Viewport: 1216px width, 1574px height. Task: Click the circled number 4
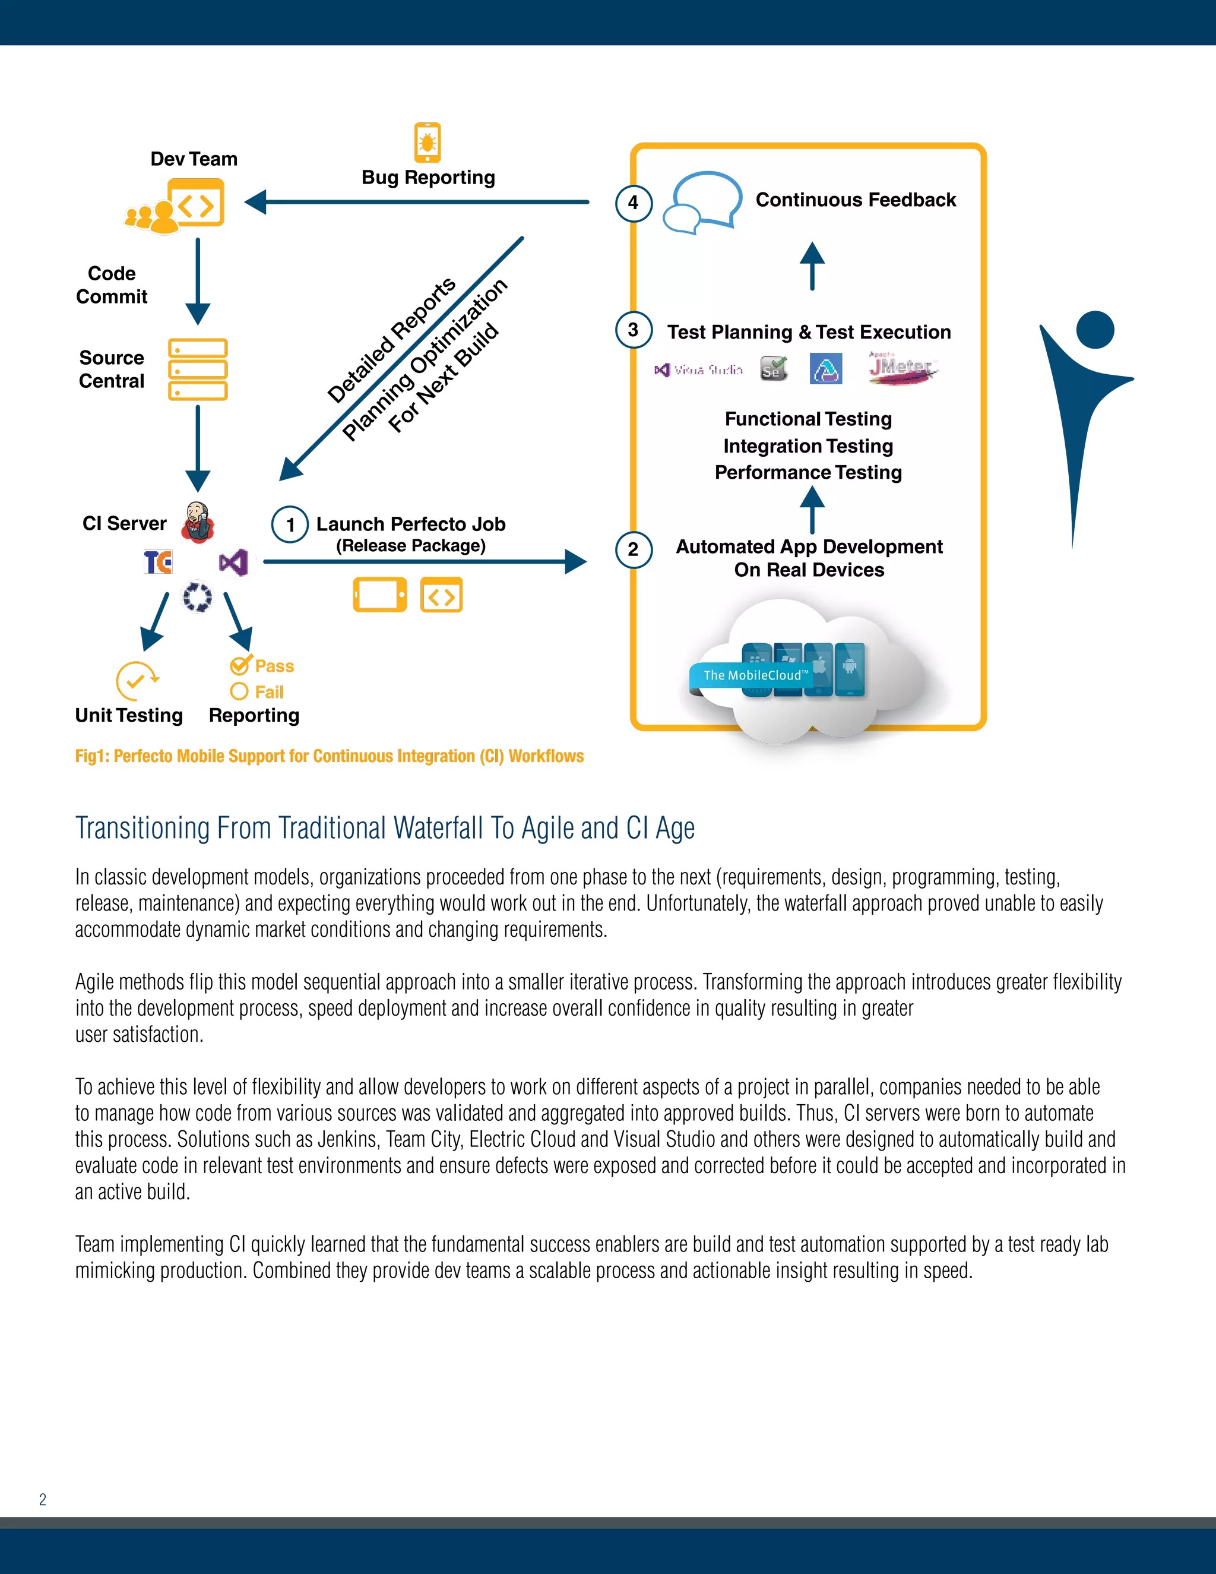(x=633, y=203)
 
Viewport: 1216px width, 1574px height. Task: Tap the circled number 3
(x=633, y=330)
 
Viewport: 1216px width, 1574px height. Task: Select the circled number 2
(x=633, y=550)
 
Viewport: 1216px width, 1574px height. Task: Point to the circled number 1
(x=290, y=524)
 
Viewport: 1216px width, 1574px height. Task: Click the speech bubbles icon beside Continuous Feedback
(x=702, y=202)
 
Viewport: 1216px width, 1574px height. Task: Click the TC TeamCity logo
(x=159, y=561)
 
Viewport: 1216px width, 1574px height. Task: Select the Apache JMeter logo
(x=902, y=368)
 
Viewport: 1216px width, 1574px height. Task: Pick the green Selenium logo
(x=774, y=369)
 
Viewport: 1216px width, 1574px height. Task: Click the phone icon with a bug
(x=427, y=143)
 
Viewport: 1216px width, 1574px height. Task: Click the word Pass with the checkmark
(x=274, y=666)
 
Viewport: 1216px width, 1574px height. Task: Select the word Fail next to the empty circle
(x=270, y=692)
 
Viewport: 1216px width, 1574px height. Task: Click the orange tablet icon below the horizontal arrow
(x=379, y=595)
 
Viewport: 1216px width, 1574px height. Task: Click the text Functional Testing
(x=808, y=419)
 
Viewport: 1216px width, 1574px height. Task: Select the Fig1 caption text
(x=329, y=756)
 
